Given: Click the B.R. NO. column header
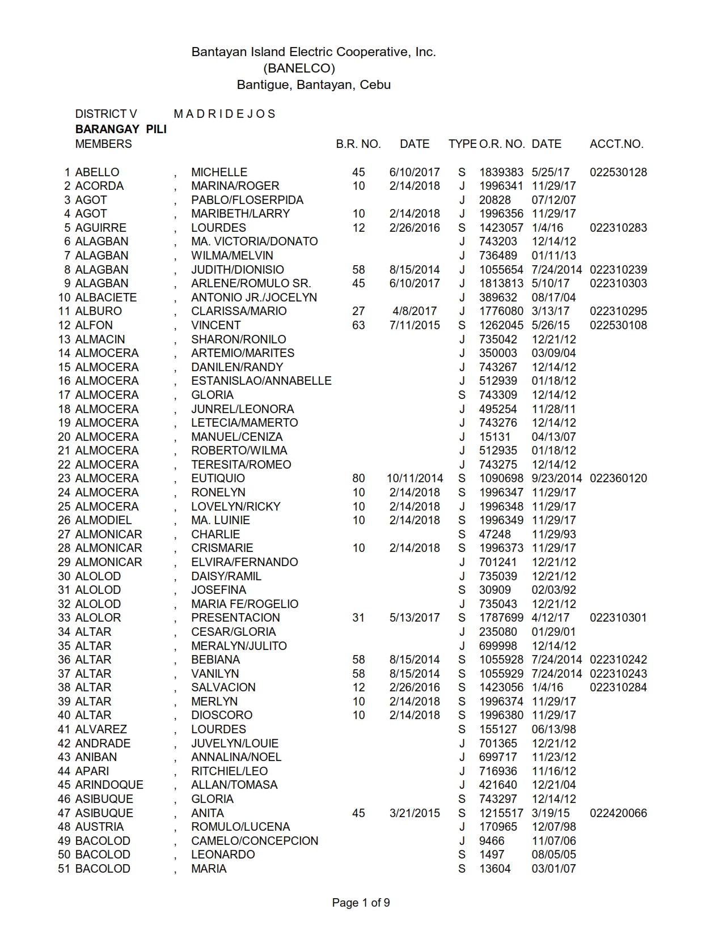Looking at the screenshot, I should pyautogui.click(x=358, y=144).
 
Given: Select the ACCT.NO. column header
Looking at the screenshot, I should pyautogui.click(x=616, y=144).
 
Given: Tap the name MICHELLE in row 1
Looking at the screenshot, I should pyautogui.click(x=219, y=172).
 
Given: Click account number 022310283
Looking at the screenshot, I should pyautogui.click(x=618, y=228).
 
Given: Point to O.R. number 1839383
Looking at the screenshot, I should pyautogui.click(x=501, y=172).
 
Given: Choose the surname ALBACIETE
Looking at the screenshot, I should pyautogui.click(x=105, y=297).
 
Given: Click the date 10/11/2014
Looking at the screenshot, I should pyautogui.click(x=415, y=478).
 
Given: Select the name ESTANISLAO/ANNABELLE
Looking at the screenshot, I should pyautogui.click(x=261, y=381).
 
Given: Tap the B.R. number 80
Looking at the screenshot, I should pyautogui.click(x=358, y=478).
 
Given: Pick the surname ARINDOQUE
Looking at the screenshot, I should pyautogui.click(x=109, y=785).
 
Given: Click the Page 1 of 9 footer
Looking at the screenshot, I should pyautogui.click(x=361, y=903).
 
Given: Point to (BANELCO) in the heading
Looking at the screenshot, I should pyautogui.click(x=299, y=69).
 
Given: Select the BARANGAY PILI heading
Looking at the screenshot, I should pyautogui.click(x=121, y=129).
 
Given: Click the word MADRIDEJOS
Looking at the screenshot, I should pyautogui.click(x=225, y=114).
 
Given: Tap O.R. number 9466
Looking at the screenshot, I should pyautogui.click(x=491, y=841).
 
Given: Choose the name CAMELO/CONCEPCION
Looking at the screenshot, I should pyautogui.click(x=255, y=841).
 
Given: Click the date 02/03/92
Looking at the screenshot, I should pyautogui.click(x=553, y=590).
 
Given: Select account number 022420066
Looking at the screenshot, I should pyautogui.click(x=618, y=813).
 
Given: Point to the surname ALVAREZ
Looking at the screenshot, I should pyautogui.click(x=101, y=729).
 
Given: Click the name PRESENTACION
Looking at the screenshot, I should pyautogui.click(x=235, y=618).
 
